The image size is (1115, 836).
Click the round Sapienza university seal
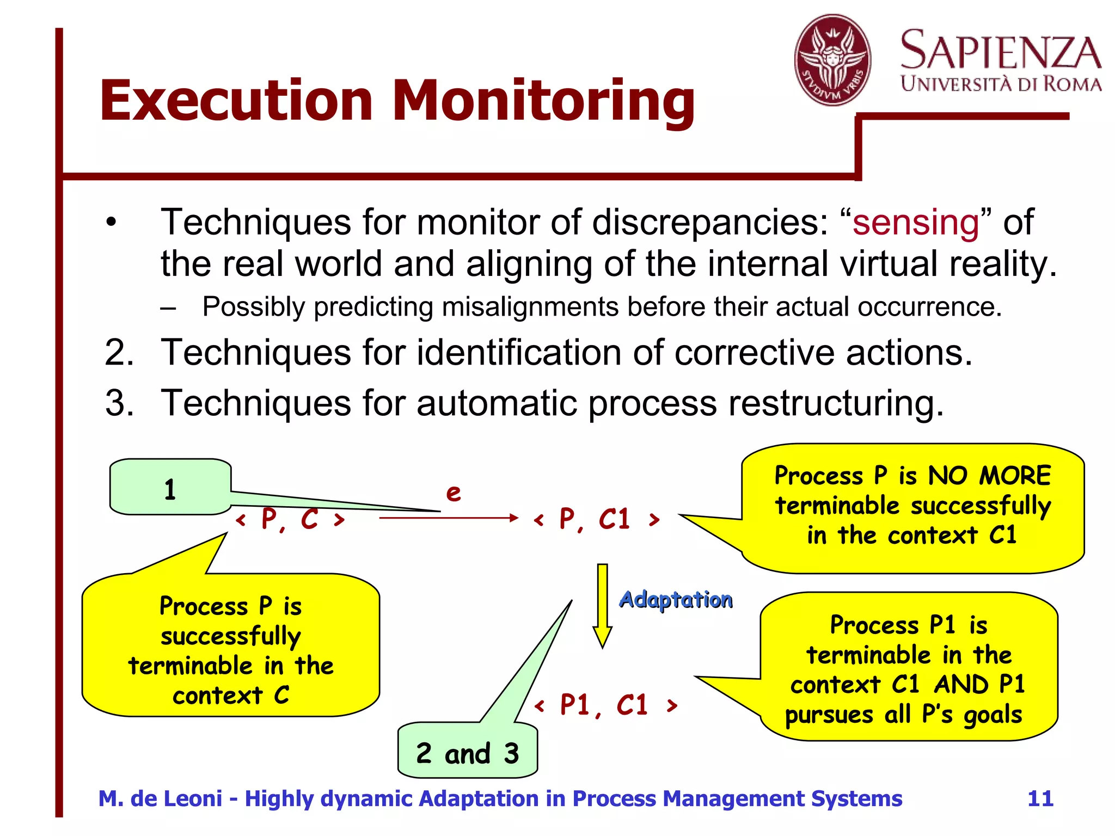point(832,60)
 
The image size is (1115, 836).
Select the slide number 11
point(1040,798)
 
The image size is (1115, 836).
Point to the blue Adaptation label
point(676,599)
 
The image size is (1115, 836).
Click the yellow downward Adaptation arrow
point(602,604)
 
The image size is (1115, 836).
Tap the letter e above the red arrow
point(453,493)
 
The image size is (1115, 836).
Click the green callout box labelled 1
point(170,488)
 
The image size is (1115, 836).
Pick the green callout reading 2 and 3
point(468,753)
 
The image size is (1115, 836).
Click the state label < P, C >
point(290,519)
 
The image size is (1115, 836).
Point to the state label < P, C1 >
point(597,519)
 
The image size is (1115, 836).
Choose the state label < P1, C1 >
point(605,705)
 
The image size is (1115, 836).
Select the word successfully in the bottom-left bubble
point(230,636)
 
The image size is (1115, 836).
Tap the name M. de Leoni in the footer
point(160,798)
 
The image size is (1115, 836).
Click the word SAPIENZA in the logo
point(1000,50)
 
